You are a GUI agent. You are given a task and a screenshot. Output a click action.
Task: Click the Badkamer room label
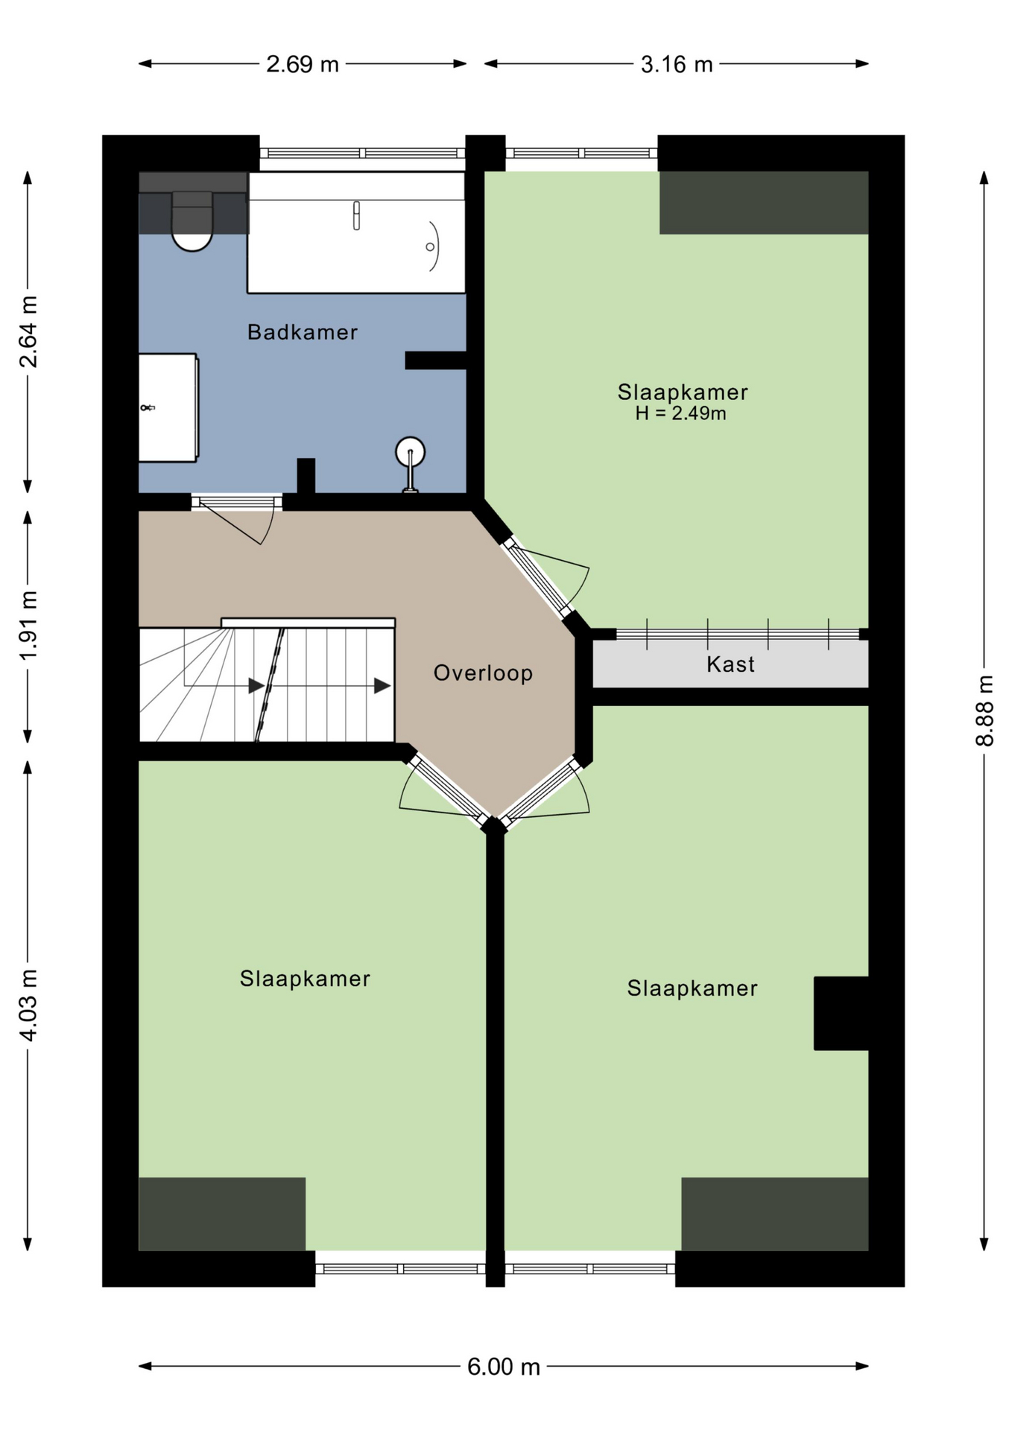[302, 332]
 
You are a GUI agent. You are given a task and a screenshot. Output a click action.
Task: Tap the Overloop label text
[483, 673]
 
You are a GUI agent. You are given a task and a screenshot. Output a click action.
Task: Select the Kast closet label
[730, 664]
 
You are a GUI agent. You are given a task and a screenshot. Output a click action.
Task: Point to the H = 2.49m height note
[680, 413]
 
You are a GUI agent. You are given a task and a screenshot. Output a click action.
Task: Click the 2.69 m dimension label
[303, 64]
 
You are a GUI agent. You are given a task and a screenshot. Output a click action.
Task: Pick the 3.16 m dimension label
[677, 64]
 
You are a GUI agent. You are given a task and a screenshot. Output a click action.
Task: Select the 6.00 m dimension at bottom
[504, 1367]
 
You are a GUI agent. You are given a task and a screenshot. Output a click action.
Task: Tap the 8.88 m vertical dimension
[984, 711]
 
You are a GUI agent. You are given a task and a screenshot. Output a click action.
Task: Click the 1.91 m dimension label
[28, 626]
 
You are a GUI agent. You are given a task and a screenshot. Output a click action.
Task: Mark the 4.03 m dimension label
[28, 1005]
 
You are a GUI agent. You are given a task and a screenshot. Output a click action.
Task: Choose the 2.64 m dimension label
[28, 331]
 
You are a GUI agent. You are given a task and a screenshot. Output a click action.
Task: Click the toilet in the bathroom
[192, 220]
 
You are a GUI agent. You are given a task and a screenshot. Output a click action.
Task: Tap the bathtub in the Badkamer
[356, 232]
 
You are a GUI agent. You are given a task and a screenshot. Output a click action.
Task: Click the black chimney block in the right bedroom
[841, 1013]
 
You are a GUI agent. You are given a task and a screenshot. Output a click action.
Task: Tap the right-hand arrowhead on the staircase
[382, 685]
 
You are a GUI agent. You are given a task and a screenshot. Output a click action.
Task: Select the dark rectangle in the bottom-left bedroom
[222, 1213]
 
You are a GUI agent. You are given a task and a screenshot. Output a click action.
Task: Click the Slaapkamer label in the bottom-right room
[692, 988]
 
